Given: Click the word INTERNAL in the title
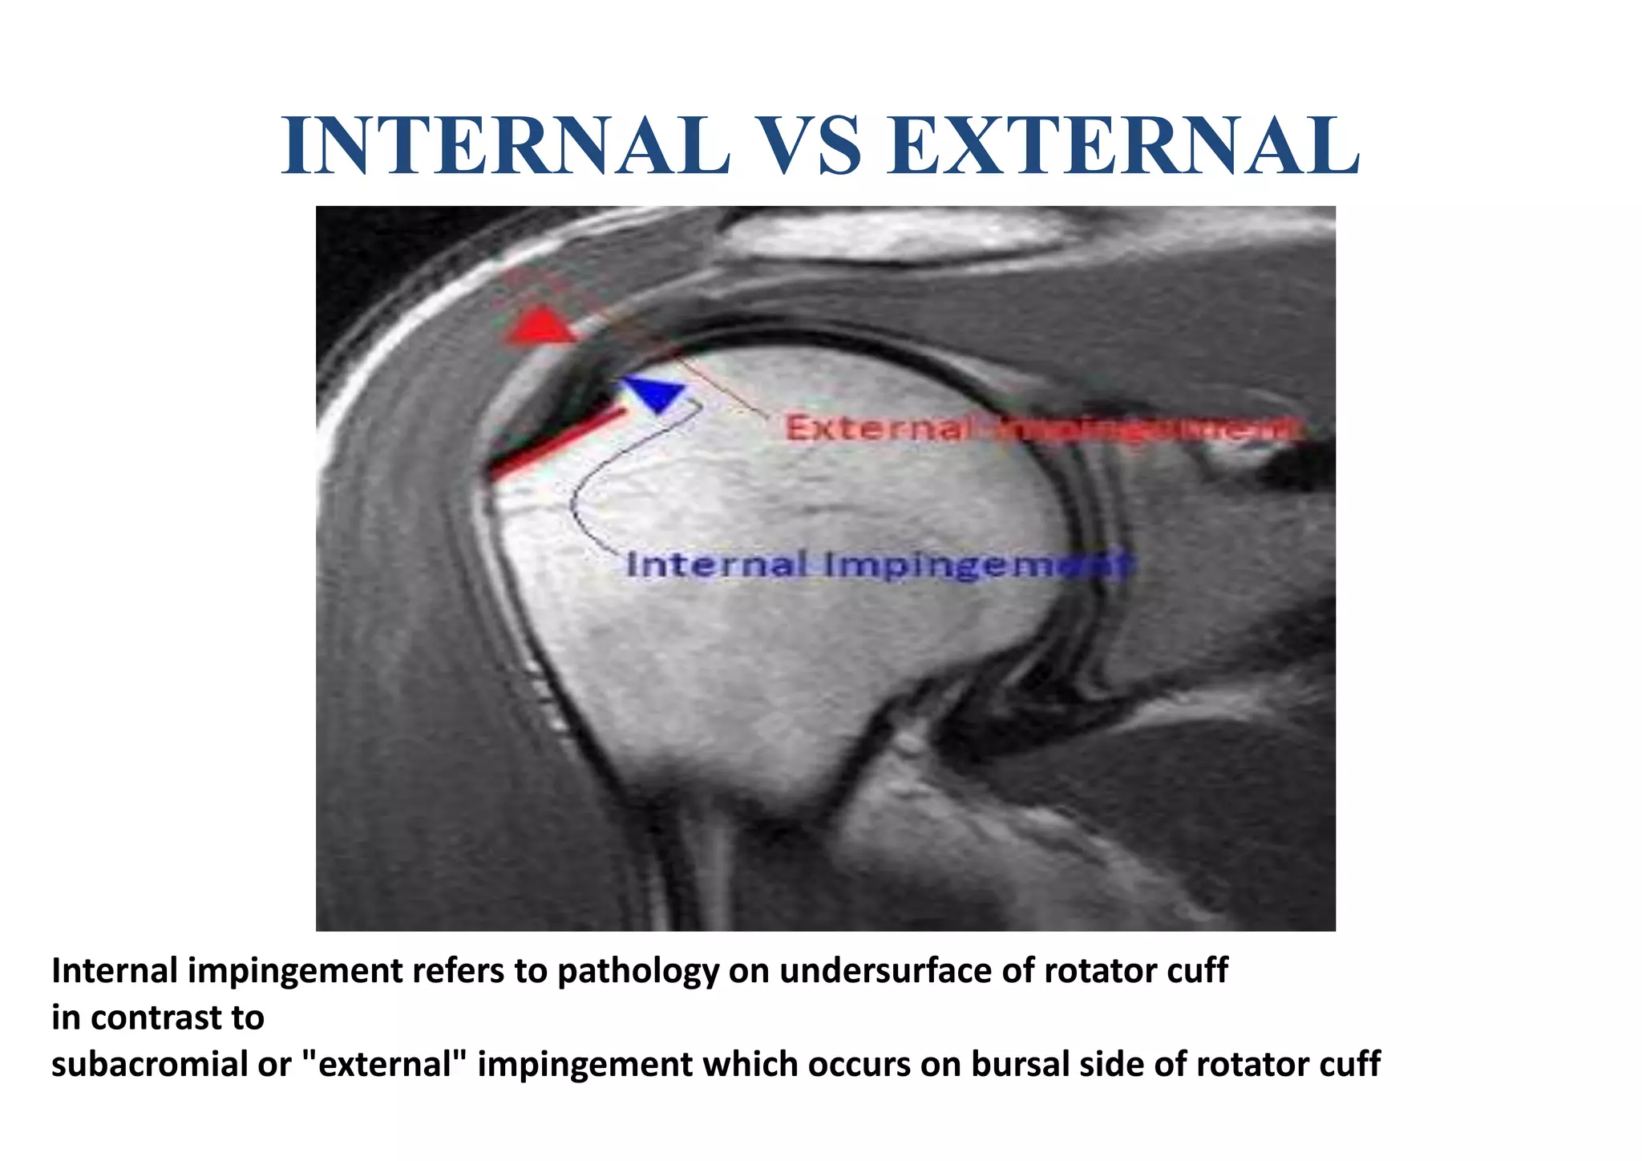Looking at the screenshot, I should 506,146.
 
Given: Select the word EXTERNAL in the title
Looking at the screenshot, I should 1123,146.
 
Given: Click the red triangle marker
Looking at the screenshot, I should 542,326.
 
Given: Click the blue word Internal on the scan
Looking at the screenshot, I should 716,565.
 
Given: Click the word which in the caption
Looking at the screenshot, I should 750,1065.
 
